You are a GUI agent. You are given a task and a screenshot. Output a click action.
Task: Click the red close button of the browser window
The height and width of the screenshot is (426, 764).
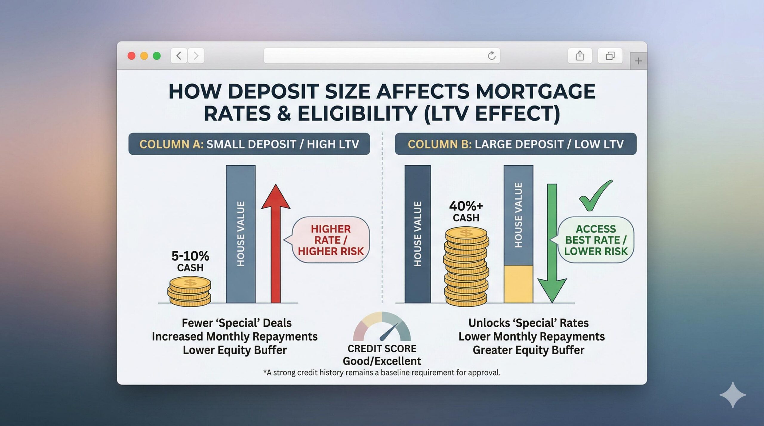(x=131, y=56)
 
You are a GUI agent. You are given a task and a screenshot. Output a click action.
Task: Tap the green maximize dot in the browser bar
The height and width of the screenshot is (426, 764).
(x=157, y=56)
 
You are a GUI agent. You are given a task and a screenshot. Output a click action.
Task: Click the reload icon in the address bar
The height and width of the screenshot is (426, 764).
(x=492, y=56)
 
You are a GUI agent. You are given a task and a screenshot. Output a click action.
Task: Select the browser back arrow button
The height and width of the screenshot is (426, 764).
(x=179, y=56)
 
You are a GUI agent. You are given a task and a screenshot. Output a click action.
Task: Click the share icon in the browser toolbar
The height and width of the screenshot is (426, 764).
(x=580, y=56)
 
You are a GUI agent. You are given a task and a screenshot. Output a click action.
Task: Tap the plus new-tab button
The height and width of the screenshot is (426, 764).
(x=638, y=61)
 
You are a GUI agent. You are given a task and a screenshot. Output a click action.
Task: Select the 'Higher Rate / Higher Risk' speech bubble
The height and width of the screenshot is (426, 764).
(x=331, y=240)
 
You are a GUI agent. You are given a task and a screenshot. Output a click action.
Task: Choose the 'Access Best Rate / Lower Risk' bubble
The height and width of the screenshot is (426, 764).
(x=596, y=240)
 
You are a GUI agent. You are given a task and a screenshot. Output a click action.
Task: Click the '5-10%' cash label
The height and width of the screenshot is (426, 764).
(x=190, y=256)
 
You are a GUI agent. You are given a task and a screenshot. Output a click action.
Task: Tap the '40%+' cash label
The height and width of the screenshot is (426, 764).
(x=466, y=206)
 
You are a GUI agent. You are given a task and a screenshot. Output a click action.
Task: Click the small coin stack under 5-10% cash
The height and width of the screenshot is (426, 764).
(x=190, y=291)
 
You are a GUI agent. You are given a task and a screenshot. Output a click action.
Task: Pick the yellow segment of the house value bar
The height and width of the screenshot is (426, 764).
(x=518, y=284)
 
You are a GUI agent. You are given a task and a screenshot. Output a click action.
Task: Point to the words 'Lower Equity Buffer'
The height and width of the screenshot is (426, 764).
(x=235, y=350)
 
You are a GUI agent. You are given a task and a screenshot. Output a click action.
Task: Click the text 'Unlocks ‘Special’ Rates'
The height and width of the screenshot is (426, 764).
(x=528, y=323)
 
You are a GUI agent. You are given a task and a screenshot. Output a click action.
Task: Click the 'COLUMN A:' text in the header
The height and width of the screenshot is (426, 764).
(x=171, y=144)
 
